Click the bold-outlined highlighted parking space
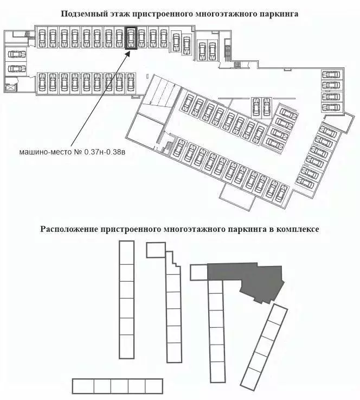[x=131, y=38]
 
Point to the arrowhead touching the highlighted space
[x=128, y=53]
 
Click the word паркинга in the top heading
[x=279, y=14]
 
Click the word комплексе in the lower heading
[x=298, y=229]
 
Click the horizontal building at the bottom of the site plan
[x=118, y=386]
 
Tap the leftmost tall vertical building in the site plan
[x=127, y=300]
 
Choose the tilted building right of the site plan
[x=264, y=347]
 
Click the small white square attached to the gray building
[x=199, y=272]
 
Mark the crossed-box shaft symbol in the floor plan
[x=10, y=88]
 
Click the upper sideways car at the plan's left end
[x=17, y=54]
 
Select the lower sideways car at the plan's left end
[x=17, y=68]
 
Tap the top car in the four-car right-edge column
[x=331, y=75]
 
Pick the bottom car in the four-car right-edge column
[x=331, y=107]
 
